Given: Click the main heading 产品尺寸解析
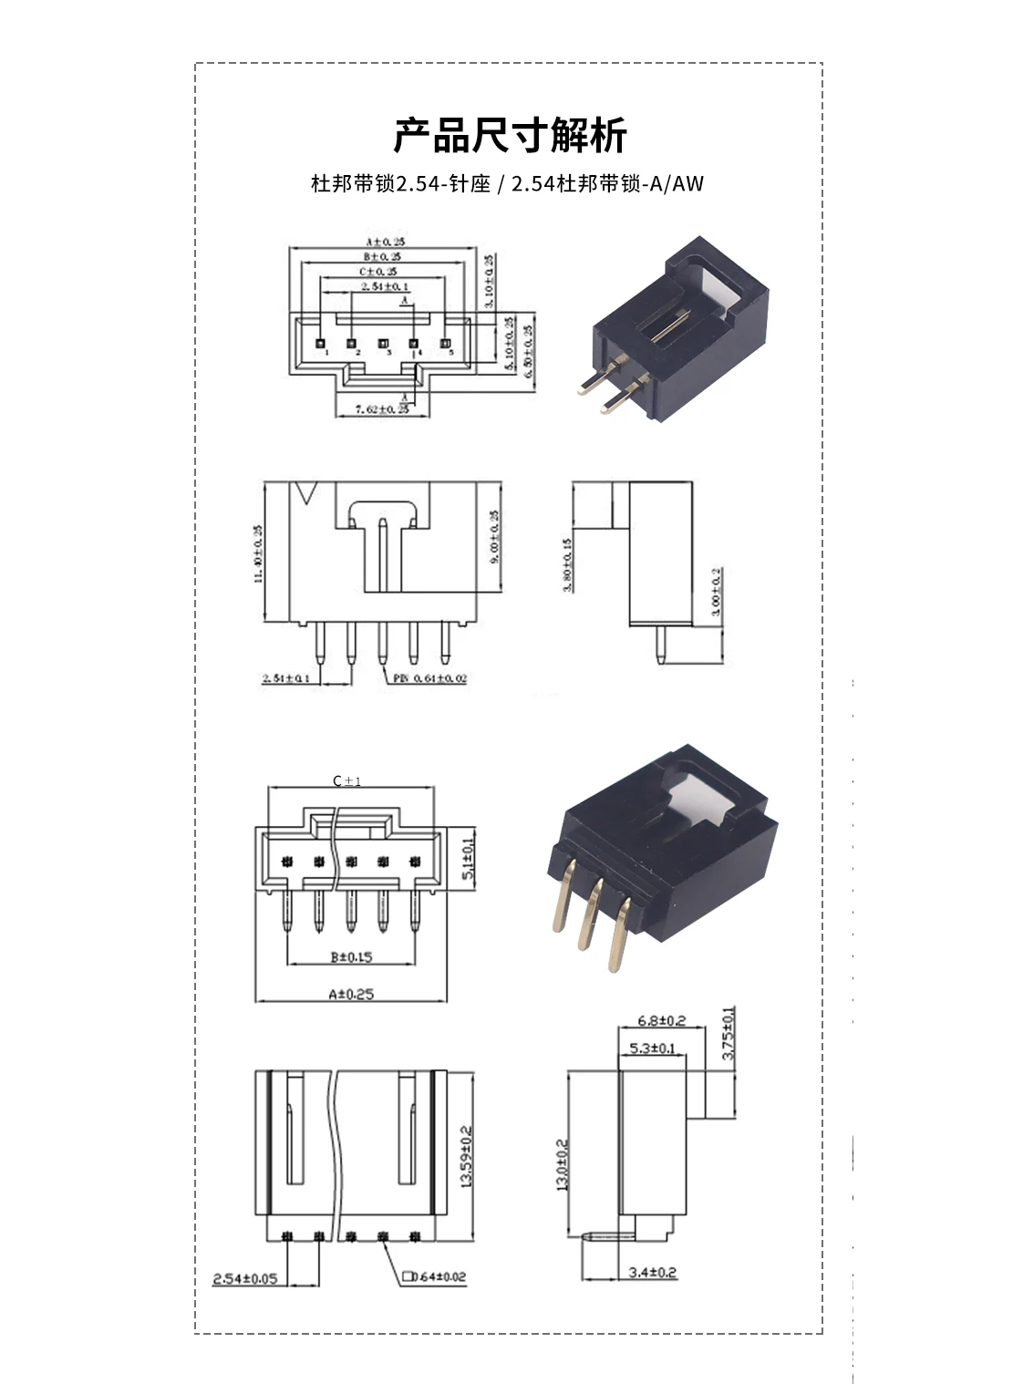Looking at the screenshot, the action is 510,136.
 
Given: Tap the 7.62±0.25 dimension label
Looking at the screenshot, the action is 382,409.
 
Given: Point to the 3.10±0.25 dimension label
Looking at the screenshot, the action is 489,281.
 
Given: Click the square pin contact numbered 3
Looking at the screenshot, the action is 383,346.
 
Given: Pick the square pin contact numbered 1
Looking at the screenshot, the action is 321,346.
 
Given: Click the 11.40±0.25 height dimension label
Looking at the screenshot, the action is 258,553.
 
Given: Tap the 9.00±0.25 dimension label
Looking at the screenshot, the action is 495,537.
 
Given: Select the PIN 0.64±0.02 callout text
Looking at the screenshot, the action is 430,678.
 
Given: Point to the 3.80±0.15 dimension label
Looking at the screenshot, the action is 567,565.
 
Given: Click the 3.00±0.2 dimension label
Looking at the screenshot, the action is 716,593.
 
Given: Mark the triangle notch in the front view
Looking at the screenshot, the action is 306,493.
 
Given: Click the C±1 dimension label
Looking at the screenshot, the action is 347,781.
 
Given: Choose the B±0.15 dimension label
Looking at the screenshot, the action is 351,957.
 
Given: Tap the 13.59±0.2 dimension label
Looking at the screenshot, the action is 467,1155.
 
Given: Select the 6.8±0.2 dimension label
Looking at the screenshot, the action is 661,1021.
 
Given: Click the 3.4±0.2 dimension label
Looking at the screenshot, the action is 653,1273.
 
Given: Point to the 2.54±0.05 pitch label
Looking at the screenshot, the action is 244,1278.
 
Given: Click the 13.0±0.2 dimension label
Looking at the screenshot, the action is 562,1165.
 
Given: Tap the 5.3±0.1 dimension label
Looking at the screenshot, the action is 652,1048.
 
